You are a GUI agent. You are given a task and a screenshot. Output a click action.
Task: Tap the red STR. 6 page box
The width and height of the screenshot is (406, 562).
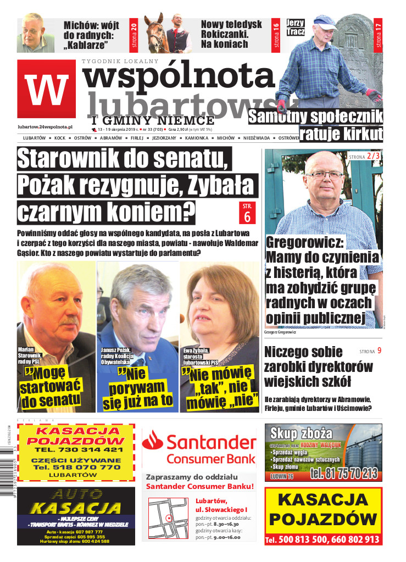[x=247, y=213]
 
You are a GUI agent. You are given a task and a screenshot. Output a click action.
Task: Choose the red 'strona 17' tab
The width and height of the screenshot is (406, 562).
[x=377, y=34]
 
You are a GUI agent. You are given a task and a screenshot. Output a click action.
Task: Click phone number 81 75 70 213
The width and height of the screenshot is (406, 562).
[x=344, y=474]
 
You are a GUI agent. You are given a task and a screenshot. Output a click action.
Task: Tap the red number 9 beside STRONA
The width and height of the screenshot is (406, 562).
[x=379, y=350]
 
